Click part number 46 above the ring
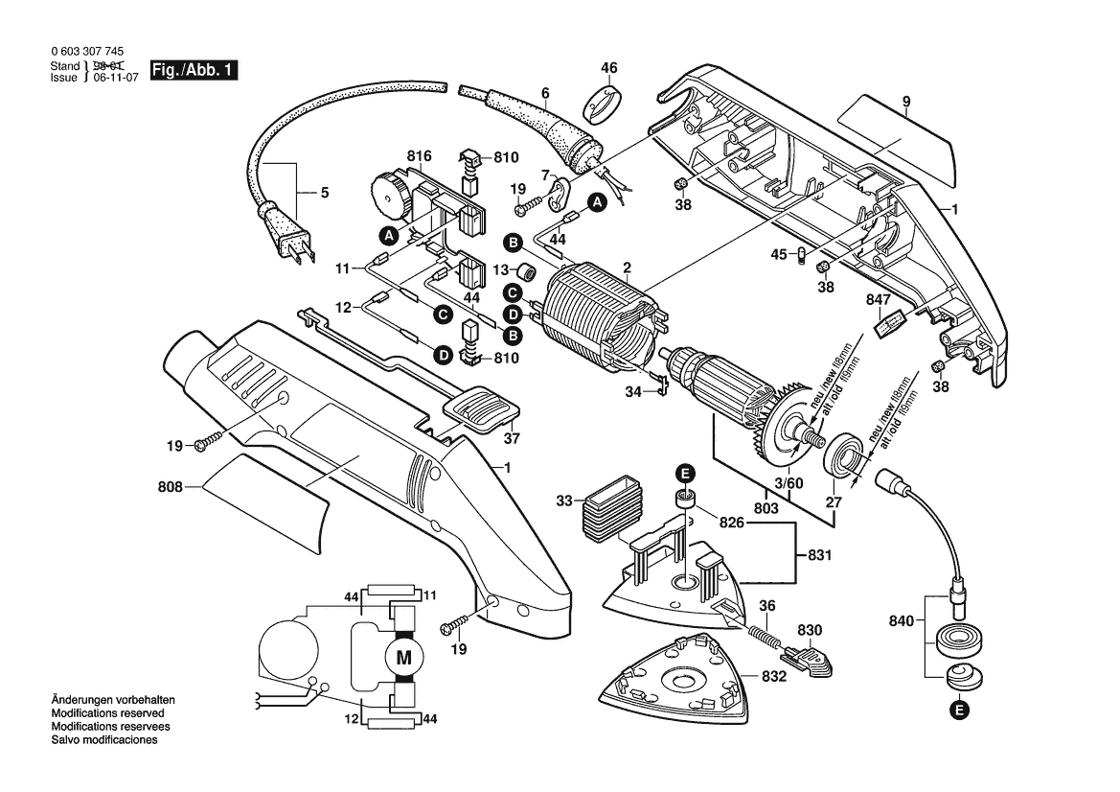pos(609,67)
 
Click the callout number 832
pos(774,676)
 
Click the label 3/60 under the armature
pos(790,484)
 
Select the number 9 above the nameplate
pos(905,102)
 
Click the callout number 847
pos(878,300)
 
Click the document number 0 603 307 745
pos(84,53)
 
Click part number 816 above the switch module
pos(419,156)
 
